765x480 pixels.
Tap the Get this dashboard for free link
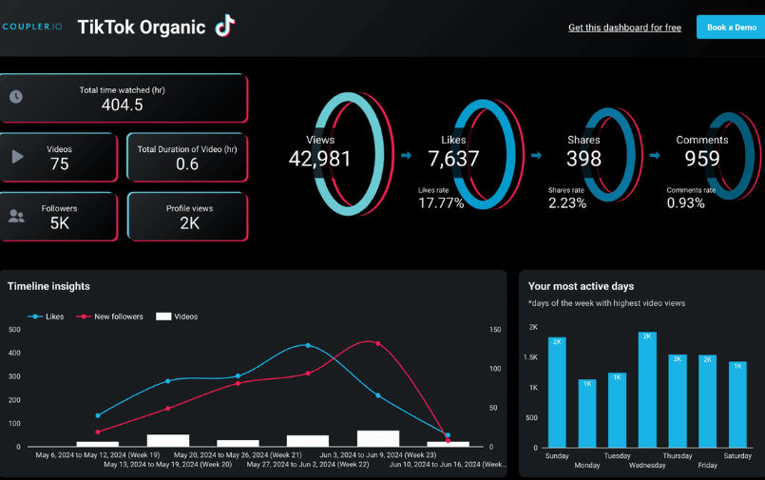pyautogui.click(x=624, y=28)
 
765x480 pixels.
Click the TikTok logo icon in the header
pyautogui.click(x=224, y=26)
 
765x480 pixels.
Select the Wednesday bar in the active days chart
pyautogui.click(x=647, y=390)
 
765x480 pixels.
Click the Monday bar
pyautogui.click(x=587, y=413)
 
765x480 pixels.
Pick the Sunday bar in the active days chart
pyautogui.click(x=557, y=393)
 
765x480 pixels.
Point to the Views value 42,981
pyautogui.click(x=320, y=159)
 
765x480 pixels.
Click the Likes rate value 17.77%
pyautogui.click(x=441, y=202)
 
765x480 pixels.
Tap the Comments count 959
pyautogui.click(x=702, y=159)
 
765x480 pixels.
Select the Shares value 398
pyautogui.click(x=583, y=159)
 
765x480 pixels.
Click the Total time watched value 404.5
pyautogui.click(x=122, y=106)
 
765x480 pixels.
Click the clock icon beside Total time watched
pyautogui.click(x=16, y=97)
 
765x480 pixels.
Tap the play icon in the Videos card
pyautogui.click(x=17, y=157)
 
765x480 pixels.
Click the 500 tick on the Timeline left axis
pyautogui.click(x=14, y=330)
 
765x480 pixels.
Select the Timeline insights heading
pyautogui.click(x=48, y=286)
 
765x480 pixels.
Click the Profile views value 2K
pyautogui.click(x=188, y=223)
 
